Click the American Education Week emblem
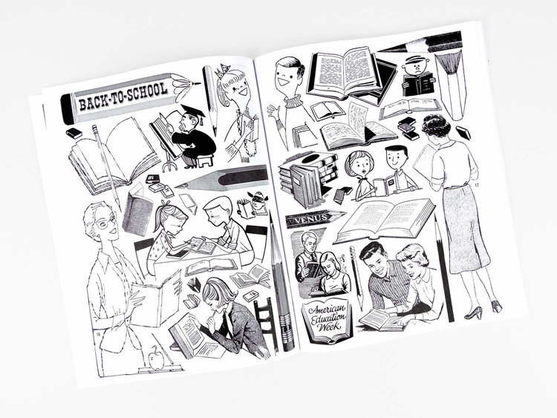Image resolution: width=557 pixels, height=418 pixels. pos(328,317)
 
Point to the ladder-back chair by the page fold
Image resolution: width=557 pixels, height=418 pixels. pos(267,319)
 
